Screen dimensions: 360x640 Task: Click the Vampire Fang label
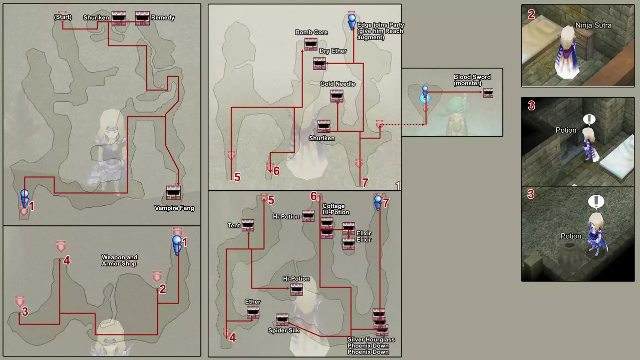(x=174, y=208)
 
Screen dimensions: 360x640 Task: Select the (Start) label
(x=63, y=18)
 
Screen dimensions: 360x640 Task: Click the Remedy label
(x=163, y=18)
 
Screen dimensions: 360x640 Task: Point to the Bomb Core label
(x=311, y=33)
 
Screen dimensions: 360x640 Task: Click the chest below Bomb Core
(x=311, y=44)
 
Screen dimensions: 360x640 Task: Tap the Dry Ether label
(x=333, y=51)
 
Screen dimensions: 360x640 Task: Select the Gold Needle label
(x=338, y=84)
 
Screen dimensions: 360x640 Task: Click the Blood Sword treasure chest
(x=488, y=93)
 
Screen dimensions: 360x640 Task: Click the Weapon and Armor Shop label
(x=119, y=260)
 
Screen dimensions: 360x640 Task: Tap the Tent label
(x=234, y=225)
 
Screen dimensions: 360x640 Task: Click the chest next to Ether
(x=253, y=313)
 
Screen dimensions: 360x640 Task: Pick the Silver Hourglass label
(x=371, y=339)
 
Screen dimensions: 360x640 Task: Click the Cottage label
(x=334, y=206)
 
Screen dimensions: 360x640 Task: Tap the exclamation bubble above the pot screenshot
(x=595, y=201)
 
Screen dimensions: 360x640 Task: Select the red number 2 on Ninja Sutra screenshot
(x=531, y=14)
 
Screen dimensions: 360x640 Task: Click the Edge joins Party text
(x=380, y=25)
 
